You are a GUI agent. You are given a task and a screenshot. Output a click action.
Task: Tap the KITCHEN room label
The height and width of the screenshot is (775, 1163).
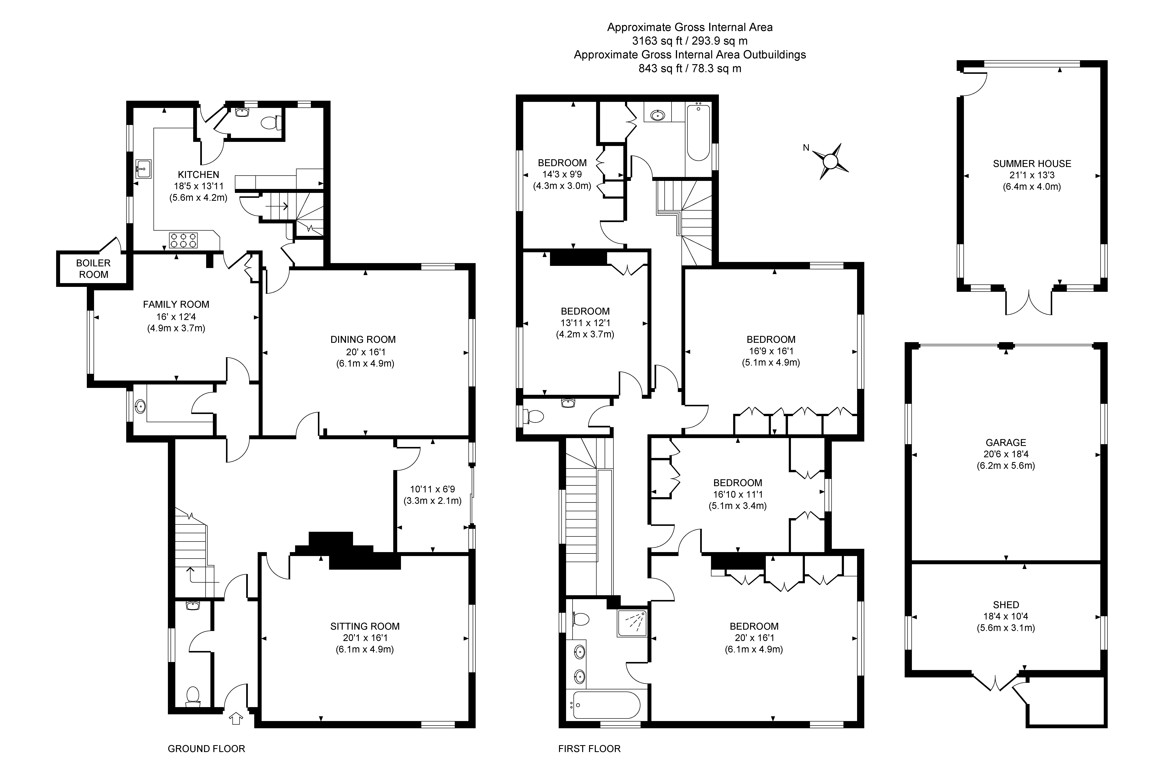(198, 175)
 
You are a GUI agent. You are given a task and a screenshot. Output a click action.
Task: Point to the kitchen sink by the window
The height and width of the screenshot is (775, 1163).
(143, 169)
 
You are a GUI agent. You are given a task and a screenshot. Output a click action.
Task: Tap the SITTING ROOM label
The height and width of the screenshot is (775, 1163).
(365, 626)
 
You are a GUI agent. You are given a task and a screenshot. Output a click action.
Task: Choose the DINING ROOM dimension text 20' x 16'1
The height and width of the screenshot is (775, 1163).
(365, 352)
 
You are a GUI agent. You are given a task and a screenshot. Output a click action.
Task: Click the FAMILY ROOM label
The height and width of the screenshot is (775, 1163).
(176, 304)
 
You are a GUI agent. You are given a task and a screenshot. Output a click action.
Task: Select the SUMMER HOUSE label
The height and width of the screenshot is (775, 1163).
(1032, 164)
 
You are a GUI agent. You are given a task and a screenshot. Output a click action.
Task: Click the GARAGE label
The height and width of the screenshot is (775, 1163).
(1006, 442)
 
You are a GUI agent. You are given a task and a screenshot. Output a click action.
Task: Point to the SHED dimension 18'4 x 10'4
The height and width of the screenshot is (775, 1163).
(1006, 616)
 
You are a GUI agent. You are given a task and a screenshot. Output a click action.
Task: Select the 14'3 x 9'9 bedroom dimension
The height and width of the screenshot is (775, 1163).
(562, 175)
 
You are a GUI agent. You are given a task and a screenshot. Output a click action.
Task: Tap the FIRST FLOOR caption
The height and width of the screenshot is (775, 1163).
(589, 749)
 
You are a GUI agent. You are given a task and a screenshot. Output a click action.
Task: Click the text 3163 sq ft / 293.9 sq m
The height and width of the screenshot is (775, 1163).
(690, 41)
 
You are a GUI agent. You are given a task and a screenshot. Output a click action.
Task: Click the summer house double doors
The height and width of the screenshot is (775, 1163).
(1029, 302)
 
